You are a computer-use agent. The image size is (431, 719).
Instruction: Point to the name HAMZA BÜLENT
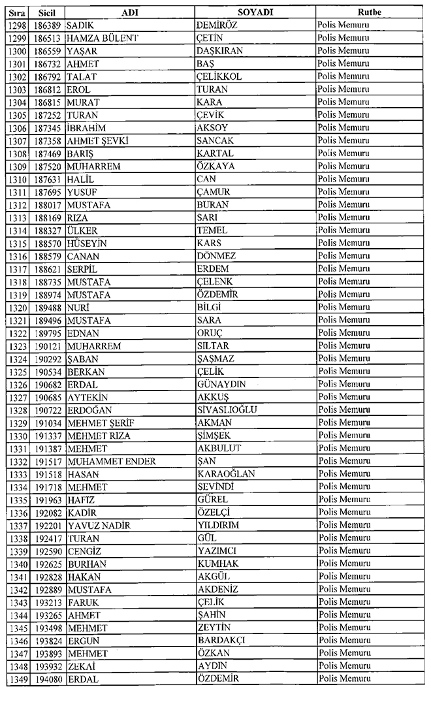pyautogui.click(x=103, y=38)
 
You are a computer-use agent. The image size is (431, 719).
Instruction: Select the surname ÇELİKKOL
pyautogui.click(x=219, y=76)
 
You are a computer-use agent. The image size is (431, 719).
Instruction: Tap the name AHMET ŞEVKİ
pyautogui.click(x=97, y=140)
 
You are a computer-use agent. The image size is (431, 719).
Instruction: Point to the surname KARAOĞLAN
pyautogui.click(x=225, y=473)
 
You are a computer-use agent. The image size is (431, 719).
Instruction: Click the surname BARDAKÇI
pyautogui.click(x=221, y=640)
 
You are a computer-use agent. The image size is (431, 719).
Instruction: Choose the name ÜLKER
pyautogui.click(x=82, y=230)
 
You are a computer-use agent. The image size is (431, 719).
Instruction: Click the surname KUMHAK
pyautogui.click(x=217, y=563)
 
